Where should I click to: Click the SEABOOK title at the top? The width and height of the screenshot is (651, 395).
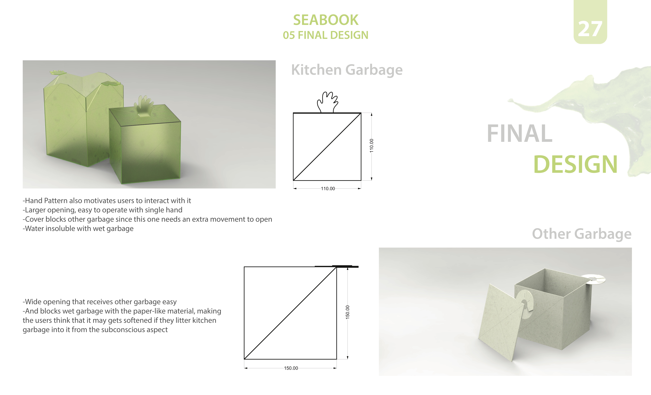[326, 20]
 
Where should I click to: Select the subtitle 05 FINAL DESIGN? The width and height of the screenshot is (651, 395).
[325, 35]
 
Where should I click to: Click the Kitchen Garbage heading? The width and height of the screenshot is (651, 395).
[347, 70]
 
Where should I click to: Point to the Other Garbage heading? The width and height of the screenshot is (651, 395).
[582, 234]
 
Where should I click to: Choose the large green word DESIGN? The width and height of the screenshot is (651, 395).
[575, 165]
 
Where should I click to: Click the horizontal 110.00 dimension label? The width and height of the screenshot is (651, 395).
[328, 188]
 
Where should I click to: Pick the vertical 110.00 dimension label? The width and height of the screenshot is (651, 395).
[371, 145]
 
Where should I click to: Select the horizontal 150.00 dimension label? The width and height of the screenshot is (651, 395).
[291, 368]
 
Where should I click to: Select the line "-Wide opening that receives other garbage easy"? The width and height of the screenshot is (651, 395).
[100, 302]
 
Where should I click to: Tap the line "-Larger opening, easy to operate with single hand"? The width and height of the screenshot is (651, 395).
[102, 210]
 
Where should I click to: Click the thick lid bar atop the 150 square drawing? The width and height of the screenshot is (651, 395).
[337, 266]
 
